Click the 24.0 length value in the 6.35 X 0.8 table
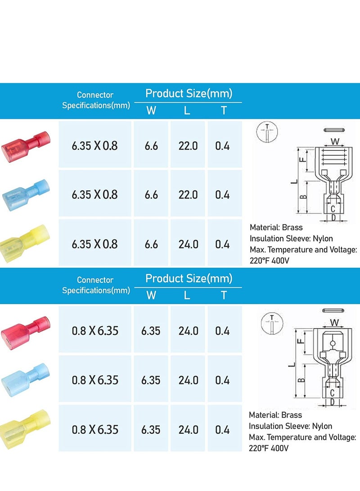pos(188,244)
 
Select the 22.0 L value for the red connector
pos(188,146)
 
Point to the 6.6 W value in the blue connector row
pos(151,194)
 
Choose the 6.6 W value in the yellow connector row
pos(151,244)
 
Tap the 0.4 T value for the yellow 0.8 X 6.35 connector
pos(222,429)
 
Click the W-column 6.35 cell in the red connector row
pos(151,331)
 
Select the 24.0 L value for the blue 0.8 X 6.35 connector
pos(188,380)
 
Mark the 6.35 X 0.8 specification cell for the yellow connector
pos(94,244)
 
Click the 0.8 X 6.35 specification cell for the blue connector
pos(95,380)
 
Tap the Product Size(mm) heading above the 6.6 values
pos(189,93)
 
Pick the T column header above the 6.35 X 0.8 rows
pos(224,110)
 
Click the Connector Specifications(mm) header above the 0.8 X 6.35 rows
pos(95,285)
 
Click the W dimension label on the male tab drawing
pos(334,322)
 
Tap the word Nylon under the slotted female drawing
pos(323,239)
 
